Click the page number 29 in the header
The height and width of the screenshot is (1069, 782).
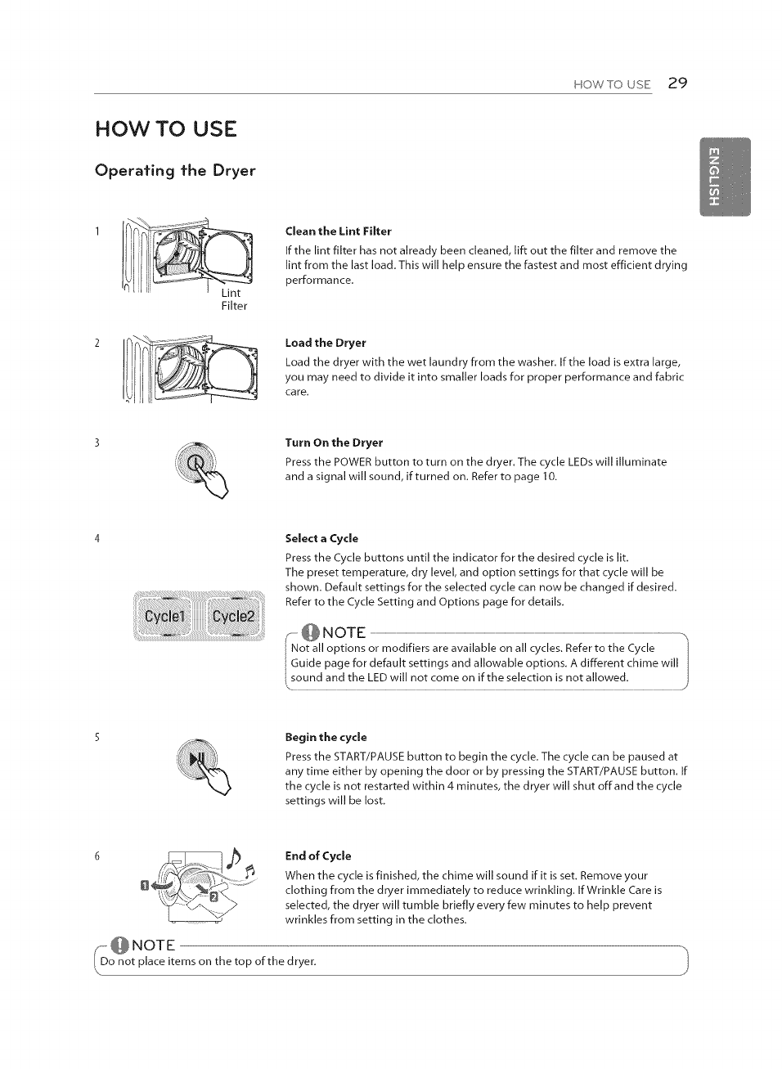pos(677,83)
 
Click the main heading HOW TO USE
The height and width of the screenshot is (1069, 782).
pos(166,129)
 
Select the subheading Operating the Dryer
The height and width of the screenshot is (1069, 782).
pos(175,170)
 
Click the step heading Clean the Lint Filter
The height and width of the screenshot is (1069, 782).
pos(338,231)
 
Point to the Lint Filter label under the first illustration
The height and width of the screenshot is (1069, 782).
pos(233,299)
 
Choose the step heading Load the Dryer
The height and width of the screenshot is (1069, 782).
pos(325,343)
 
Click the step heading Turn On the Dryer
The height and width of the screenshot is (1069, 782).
pos(334,442)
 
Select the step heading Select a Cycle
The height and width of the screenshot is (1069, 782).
pos(321,538)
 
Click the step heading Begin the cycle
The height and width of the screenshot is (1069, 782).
pos(326,737)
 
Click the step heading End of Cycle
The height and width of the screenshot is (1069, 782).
pos(317,856)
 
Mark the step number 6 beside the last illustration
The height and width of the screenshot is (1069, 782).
pos(97,856)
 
